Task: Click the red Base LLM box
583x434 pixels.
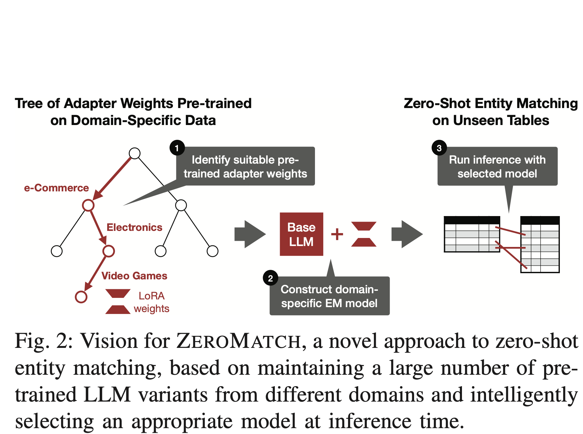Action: click(x=301, y=234)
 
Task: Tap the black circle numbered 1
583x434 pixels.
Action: click(x=177, y=148)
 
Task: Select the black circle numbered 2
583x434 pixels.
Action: click(x=271, y=278)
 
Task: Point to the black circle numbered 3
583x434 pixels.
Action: click(x=439, y=148)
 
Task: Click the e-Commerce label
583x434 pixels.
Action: click(x=57, y=188)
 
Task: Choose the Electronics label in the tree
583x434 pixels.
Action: click(x=134, y=227)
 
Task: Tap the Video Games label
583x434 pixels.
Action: click(x=134, y=276)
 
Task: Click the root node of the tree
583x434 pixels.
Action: click(x=135, y=153)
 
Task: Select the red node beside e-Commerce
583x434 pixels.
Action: click(x=88, y=205)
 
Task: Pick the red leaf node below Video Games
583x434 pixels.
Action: click(x=81, y=297)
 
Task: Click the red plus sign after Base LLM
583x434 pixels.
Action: click(x=337, y=234)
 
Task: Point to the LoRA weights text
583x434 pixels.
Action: click(x=152, y=302)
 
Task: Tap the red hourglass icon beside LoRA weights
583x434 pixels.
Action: click(x=118, y=301)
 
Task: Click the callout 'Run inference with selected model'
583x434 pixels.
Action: click(x=497, y=166)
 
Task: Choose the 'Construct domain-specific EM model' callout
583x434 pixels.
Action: click(x=329, y=296)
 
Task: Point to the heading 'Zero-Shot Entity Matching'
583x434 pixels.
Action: click(x=491, y=103)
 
